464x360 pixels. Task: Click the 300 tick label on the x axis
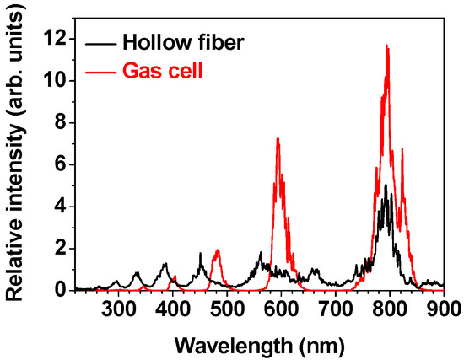pos(119,307)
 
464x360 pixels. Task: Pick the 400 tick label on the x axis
pos(173,307)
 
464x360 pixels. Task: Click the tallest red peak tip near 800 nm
pos(387,46)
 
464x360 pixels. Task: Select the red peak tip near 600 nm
pos(278,138)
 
